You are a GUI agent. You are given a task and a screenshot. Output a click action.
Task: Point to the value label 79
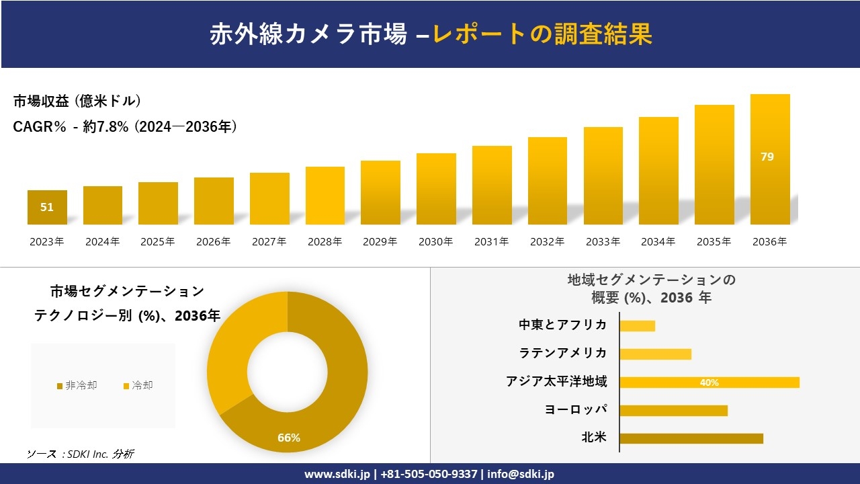click(x=767, y=157)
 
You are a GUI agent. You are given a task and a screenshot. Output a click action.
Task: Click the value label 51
click(x=47, y=207)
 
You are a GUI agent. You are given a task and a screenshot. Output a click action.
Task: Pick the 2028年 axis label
click(x=325, y=242)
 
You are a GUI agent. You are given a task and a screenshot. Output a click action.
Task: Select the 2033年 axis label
click(x=603, y=242)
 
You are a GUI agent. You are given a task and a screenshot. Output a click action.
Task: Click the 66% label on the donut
click(x=289, y=438)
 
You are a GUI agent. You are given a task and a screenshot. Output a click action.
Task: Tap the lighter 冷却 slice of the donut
click(x=235, y=350)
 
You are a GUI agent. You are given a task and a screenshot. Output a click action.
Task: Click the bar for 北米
click(x=691, y=438)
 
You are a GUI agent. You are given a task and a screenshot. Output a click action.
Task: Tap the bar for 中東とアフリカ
click(x=637, y=326)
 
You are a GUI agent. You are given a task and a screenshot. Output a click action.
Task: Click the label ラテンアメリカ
click(x=563, y=354)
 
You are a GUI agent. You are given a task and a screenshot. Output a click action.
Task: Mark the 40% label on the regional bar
click(x=709, y=382)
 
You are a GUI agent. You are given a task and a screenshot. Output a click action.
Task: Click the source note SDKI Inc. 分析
click(x=81, y=454)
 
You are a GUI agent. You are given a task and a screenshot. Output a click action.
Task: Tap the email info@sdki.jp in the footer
click(x=521, y=474)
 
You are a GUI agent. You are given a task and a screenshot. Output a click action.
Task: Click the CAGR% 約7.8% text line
click(x=125, y=127)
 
